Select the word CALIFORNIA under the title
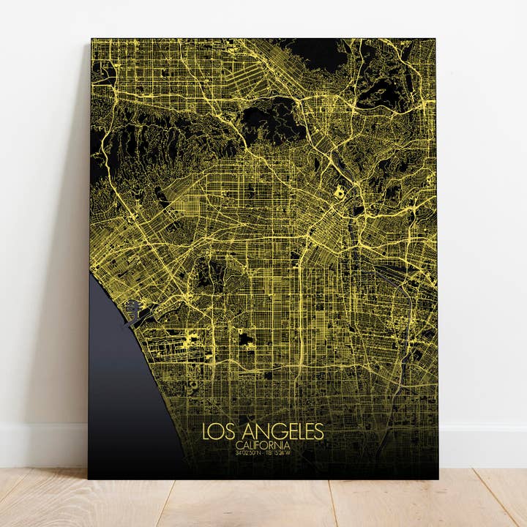[x=263, y=445]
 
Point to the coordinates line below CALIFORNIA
[x=263, y=452]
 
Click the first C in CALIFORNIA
[x=239, y=445]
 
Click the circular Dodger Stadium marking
[x=340, y=192]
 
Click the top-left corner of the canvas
[x=92, y=40]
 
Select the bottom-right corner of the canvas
[x=438, y=478]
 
